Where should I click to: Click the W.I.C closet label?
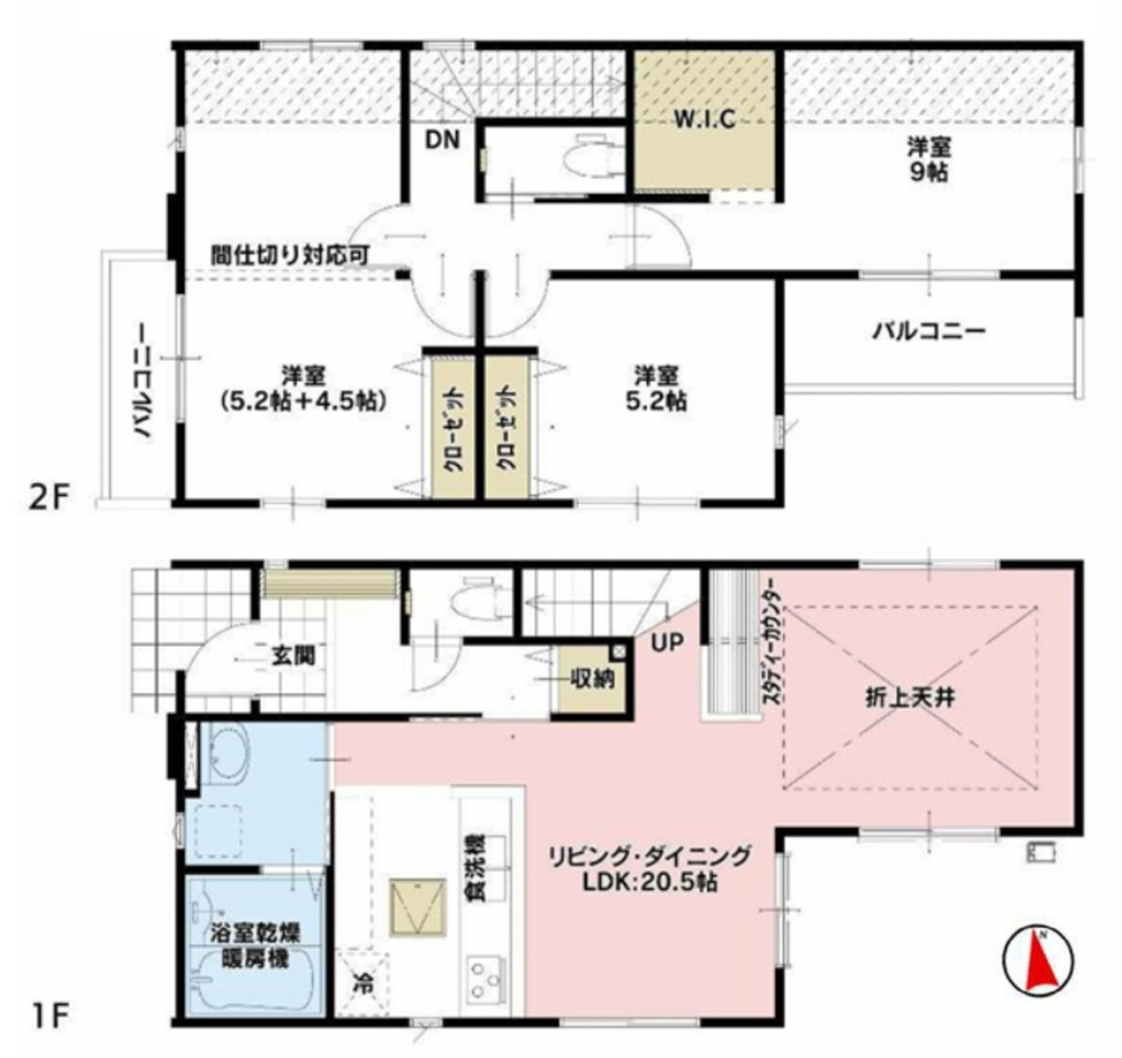[705, 118]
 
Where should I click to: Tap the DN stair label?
[443, 139]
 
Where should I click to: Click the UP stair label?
[667, 642]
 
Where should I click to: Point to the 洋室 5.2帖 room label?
[656, 387]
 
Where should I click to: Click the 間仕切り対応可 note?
[290, 255]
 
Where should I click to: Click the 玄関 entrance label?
[294, 656]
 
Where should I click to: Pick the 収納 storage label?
[592, 678]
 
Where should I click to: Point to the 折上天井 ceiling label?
[910, 699]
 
